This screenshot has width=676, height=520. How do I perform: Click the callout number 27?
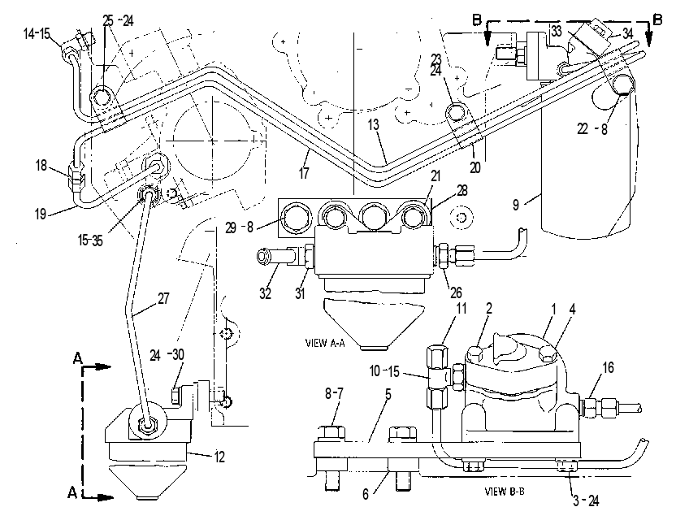(163, 298)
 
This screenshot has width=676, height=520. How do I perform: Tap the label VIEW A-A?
(325, 343)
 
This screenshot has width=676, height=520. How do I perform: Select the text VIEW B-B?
(505, 491)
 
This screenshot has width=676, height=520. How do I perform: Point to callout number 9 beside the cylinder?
(516, 205)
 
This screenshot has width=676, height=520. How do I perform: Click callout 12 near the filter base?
(219, 457)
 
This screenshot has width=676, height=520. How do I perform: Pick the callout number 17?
(304, 173)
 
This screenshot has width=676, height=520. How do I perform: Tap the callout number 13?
(374, 124)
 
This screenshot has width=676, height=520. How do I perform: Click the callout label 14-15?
(37, 33)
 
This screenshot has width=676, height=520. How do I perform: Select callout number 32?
(265, 293)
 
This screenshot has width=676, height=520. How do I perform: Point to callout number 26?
(456, 292)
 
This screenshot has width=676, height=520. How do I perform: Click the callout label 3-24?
(586, 500)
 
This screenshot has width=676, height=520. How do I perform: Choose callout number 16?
(608, 368)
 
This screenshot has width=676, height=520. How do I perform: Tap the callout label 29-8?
(239, 227)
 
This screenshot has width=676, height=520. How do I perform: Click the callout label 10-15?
(384, 370)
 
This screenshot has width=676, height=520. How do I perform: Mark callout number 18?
(41, 165)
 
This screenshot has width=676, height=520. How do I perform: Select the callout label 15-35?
(90, 240)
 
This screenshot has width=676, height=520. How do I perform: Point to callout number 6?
(366, 494)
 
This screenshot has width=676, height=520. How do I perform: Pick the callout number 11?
(461, 308)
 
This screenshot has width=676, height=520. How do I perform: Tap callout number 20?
(474, 167)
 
